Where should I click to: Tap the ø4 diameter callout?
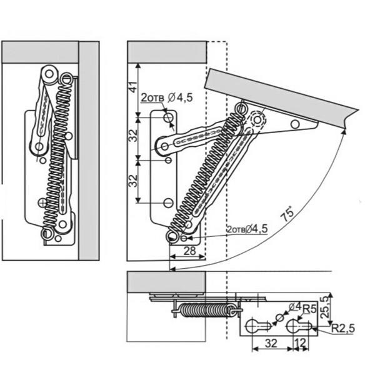pos(294,307)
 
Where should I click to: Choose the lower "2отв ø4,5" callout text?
pos(247,229)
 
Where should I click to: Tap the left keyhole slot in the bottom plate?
pos(255,326)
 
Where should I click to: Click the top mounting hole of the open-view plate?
pos(167,117)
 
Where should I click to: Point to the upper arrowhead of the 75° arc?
pos(344,132)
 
